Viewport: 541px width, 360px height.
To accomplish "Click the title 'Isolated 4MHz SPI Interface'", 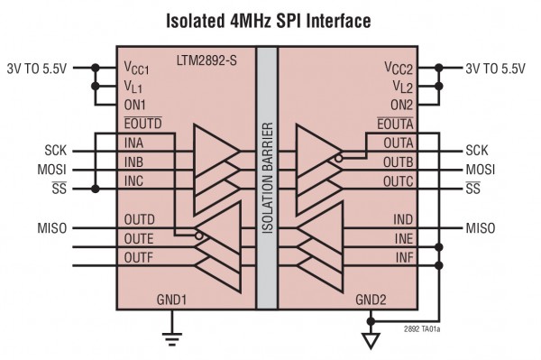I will [269, 19].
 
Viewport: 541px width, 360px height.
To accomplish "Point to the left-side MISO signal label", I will [47, 227].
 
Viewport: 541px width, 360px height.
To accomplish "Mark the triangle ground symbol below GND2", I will [369, 342].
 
